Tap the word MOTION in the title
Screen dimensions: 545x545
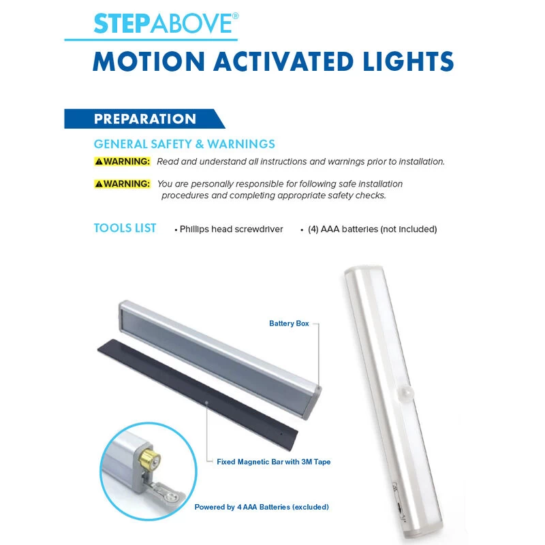(149, 61)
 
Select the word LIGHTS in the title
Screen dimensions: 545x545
(408, 61)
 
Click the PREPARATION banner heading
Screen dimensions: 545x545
(145, 119)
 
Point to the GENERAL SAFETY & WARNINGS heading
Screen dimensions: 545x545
(184, 144)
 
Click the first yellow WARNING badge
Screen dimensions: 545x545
(122, 161)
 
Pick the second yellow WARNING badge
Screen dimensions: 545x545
(122, 184)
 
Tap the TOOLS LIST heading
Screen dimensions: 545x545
(125, 228)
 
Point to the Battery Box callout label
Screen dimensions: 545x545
(289, 324)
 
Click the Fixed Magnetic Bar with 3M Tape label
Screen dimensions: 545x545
(274, 462)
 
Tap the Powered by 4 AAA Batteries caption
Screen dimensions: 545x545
(262, 507)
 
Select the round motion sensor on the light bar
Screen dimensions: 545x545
(405, 393)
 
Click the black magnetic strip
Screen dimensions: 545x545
(198, 394)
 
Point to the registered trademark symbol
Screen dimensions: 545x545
(235, 16)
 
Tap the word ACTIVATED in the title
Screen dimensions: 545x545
(283, 61)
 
